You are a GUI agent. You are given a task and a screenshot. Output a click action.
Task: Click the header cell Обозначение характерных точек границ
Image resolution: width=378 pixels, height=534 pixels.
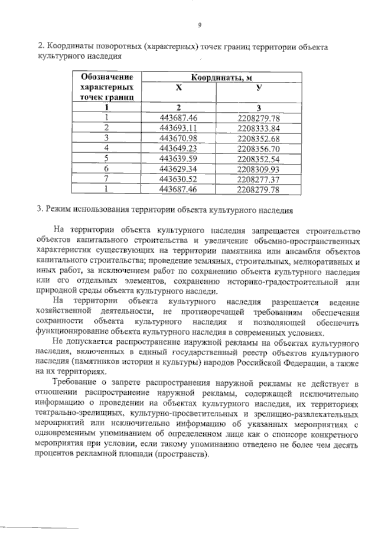pyautogui.click(x=107, y=87)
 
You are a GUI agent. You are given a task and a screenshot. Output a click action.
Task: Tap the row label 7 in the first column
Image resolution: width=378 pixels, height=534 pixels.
pyautogui.click(x=107, y=178)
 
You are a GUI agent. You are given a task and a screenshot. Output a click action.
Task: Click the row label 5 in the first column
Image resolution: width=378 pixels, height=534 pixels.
pyautogui.click(x=107, y=158)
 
